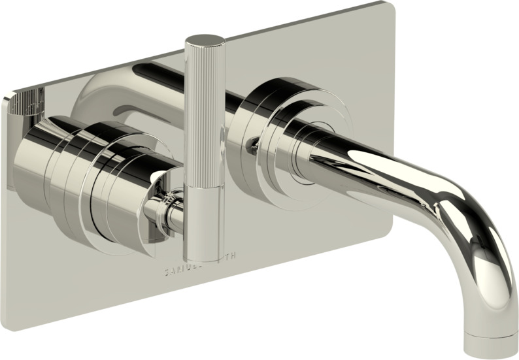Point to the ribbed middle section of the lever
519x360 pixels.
(x=204, y=131)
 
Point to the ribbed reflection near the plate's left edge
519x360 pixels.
(x=29, y=105)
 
